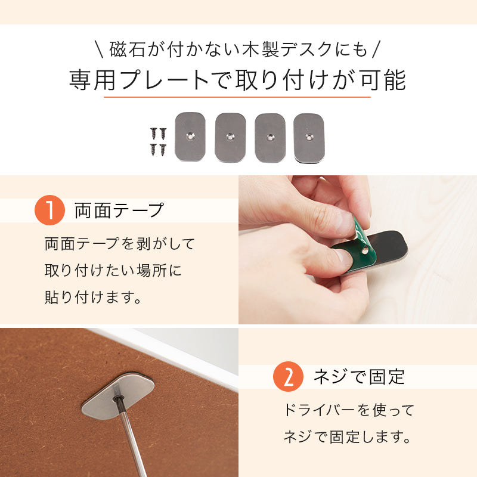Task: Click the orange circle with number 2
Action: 287,377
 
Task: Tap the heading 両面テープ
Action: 119,210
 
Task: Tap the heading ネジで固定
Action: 359,377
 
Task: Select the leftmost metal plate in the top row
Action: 190,137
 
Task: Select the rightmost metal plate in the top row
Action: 309,137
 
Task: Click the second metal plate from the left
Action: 230,137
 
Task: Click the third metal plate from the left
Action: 270,137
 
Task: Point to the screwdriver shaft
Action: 132,441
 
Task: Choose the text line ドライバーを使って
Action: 348,410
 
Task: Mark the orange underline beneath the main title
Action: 237,97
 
